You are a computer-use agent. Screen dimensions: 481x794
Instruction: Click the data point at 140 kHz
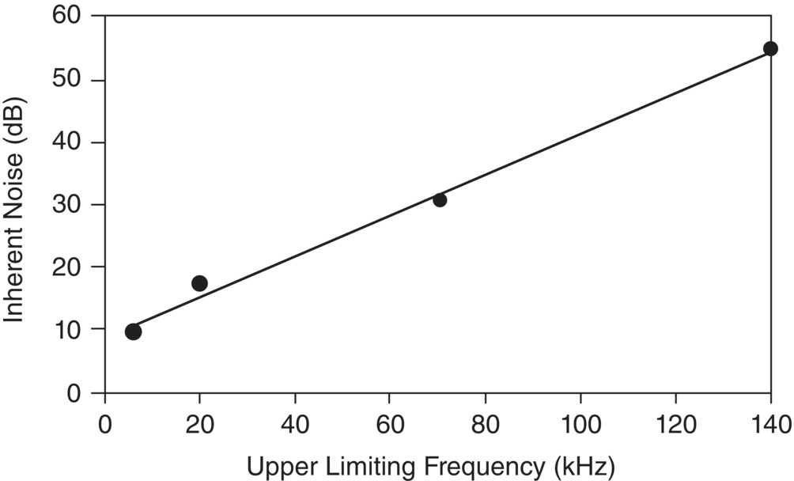click(770, 48)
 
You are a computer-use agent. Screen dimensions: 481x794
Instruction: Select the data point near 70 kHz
click(440, 200)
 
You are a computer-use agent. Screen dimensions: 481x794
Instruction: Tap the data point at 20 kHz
click(199, 283)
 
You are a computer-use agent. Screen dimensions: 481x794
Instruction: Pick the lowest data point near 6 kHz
click(133, 331)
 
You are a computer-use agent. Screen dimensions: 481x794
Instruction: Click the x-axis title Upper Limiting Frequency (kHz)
click(430, 467)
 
